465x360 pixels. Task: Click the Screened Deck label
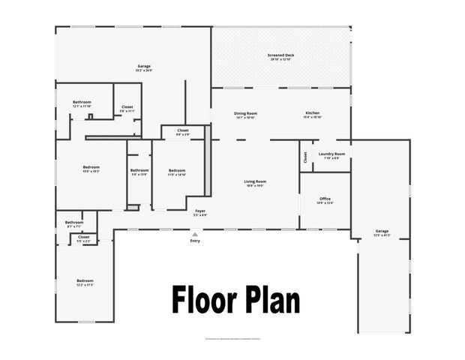[x=280, y=55]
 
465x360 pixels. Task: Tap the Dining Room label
[x=245, y=113]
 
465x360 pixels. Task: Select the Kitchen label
[x=312, y=113]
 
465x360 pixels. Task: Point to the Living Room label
[x=255, y=181]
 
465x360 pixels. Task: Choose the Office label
[x=325, y=199]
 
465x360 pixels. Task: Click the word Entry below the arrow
[x=195, y=241]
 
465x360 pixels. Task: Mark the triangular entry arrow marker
[x=195, y=234]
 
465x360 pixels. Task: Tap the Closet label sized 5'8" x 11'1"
[x=127, y=107]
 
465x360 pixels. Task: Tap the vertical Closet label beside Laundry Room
[x=305, y=157]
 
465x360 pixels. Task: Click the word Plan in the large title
[x=271, y=300]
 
